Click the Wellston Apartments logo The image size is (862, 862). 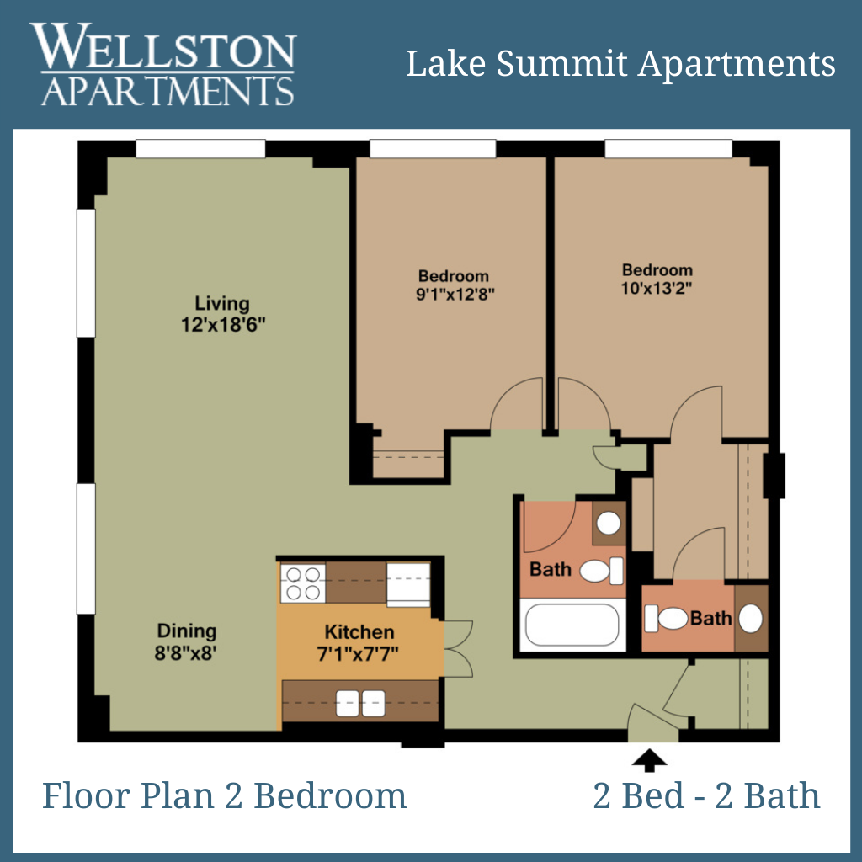pyautogui.click(x=163, y=64)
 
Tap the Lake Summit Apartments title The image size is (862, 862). pyautogui.click(x=620, y=64)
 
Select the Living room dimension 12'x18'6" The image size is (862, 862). pyautogui.click(x=223, y=324)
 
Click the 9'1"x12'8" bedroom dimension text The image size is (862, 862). pyautogui.click(x=455, y=294)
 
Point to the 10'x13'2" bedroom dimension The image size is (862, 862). pyautogui.click(x=657, y=288)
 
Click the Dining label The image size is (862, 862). pyautogui.click(x=187, y=631)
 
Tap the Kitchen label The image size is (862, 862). pyautogui.click(x=359, y=631)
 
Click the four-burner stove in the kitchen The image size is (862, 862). pyautogui.click(x=303, y=583)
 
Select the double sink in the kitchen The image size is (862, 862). pyautogui.click(x=360, y=703)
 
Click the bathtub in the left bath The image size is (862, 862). pyautogui.click(x=572, y=625)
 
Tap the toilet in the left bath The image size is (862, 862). pyautogui.click(x=601, y=571)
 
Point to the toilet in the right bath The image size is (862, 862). pyautogui.click(x=666, y=619)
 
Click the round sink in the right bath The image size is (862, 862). pyautogui.click(x=750, y=618)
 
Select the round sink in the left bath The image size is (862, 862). pyautogui.click(x=609, y=524)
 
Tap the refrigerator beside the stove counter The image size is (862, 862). pyautogui.click(x=408, y=584)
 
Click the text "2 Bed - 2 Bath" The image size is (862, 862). pyautogui.click(x=706, y=795)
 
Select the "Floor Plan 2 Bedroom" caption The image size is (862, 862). pyautogui.click(x=224, y=795)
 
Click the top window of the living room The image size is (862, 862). pyautogui.click(x=200, y=149)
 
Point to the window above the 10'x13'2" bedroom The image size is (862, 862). pyautogui.click(x=668, y=149)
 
